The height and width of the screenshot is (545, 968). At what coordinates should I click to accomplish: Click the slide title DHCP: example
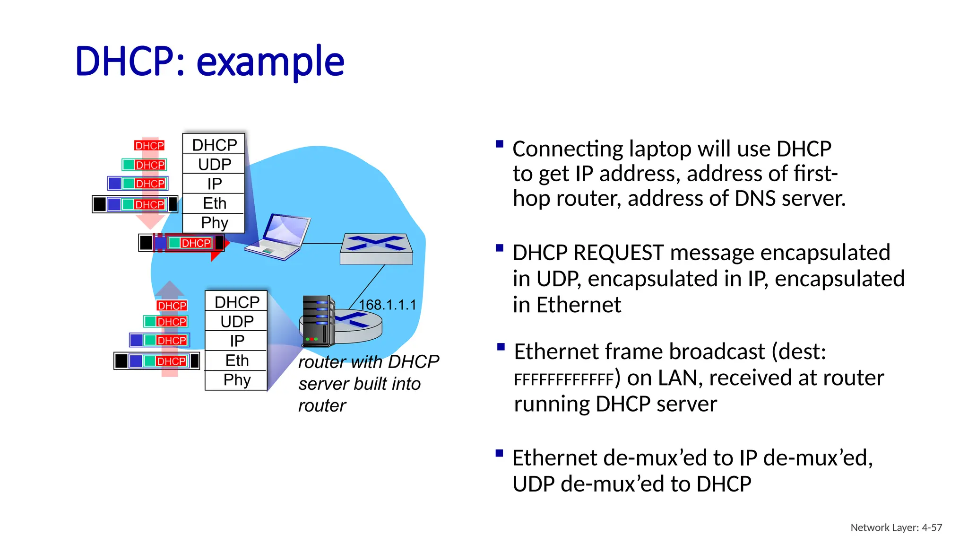pyautogui.click(x=209, y=62)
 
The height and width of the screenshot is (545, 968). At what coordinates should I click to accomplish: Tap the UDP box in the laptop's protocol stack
pyautogui.click(x=214, y=164)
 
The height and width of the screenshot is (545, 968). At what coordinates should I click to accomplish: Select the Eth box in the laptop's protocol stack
pyautogui.click(x=214, y=203)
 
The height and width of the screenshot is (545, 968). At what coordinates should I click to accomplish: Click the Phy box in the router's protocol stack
pyautogui.click(x=236, y=380)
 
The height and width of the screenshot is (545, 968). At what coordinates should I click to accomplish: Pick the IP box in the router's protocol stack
pyautogui.click(x=236, y=341)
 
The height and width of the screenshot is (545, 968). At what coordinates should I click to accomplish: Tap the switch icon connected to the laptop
pyautogui.click(x=376, y=249)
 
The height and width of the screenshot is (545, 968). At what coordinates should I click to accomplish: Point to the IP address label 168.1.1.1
pyautogui.click(x=387, y=305)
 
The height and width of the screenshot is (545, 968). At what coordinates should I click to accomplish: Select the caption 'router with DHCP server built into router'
pyautogui.click(x=364, y=383)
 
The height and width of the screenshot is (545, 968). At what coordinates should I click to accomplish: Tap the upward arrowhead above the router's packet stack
pyautogui.click(x=169, y=289)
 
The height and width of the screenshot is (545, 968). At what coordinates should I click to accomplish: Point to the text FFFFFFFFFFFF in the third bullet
pyautogui.click(x=563, y=379)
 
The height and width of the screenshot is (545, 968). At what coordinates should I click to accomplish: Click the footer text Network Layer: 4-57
pyautogui.click(x=896, y=527)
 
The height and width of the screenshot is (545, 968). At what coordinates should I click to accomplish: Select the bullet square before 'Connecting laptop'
pyautogui.click(x=499, y=144)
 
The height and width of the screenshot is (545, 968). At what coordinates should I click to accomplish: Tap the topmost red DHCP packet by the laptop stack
pyautogui.click(x=149, y=146)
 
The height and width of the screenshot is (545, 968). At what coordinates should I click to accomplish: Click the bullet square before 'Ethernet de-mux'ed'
pyautogui.click(x=499, y=453)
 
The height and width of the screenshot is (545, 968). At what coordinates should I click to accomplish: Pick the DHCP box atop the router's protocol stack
pyautogui.click(x=236, y=302)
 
